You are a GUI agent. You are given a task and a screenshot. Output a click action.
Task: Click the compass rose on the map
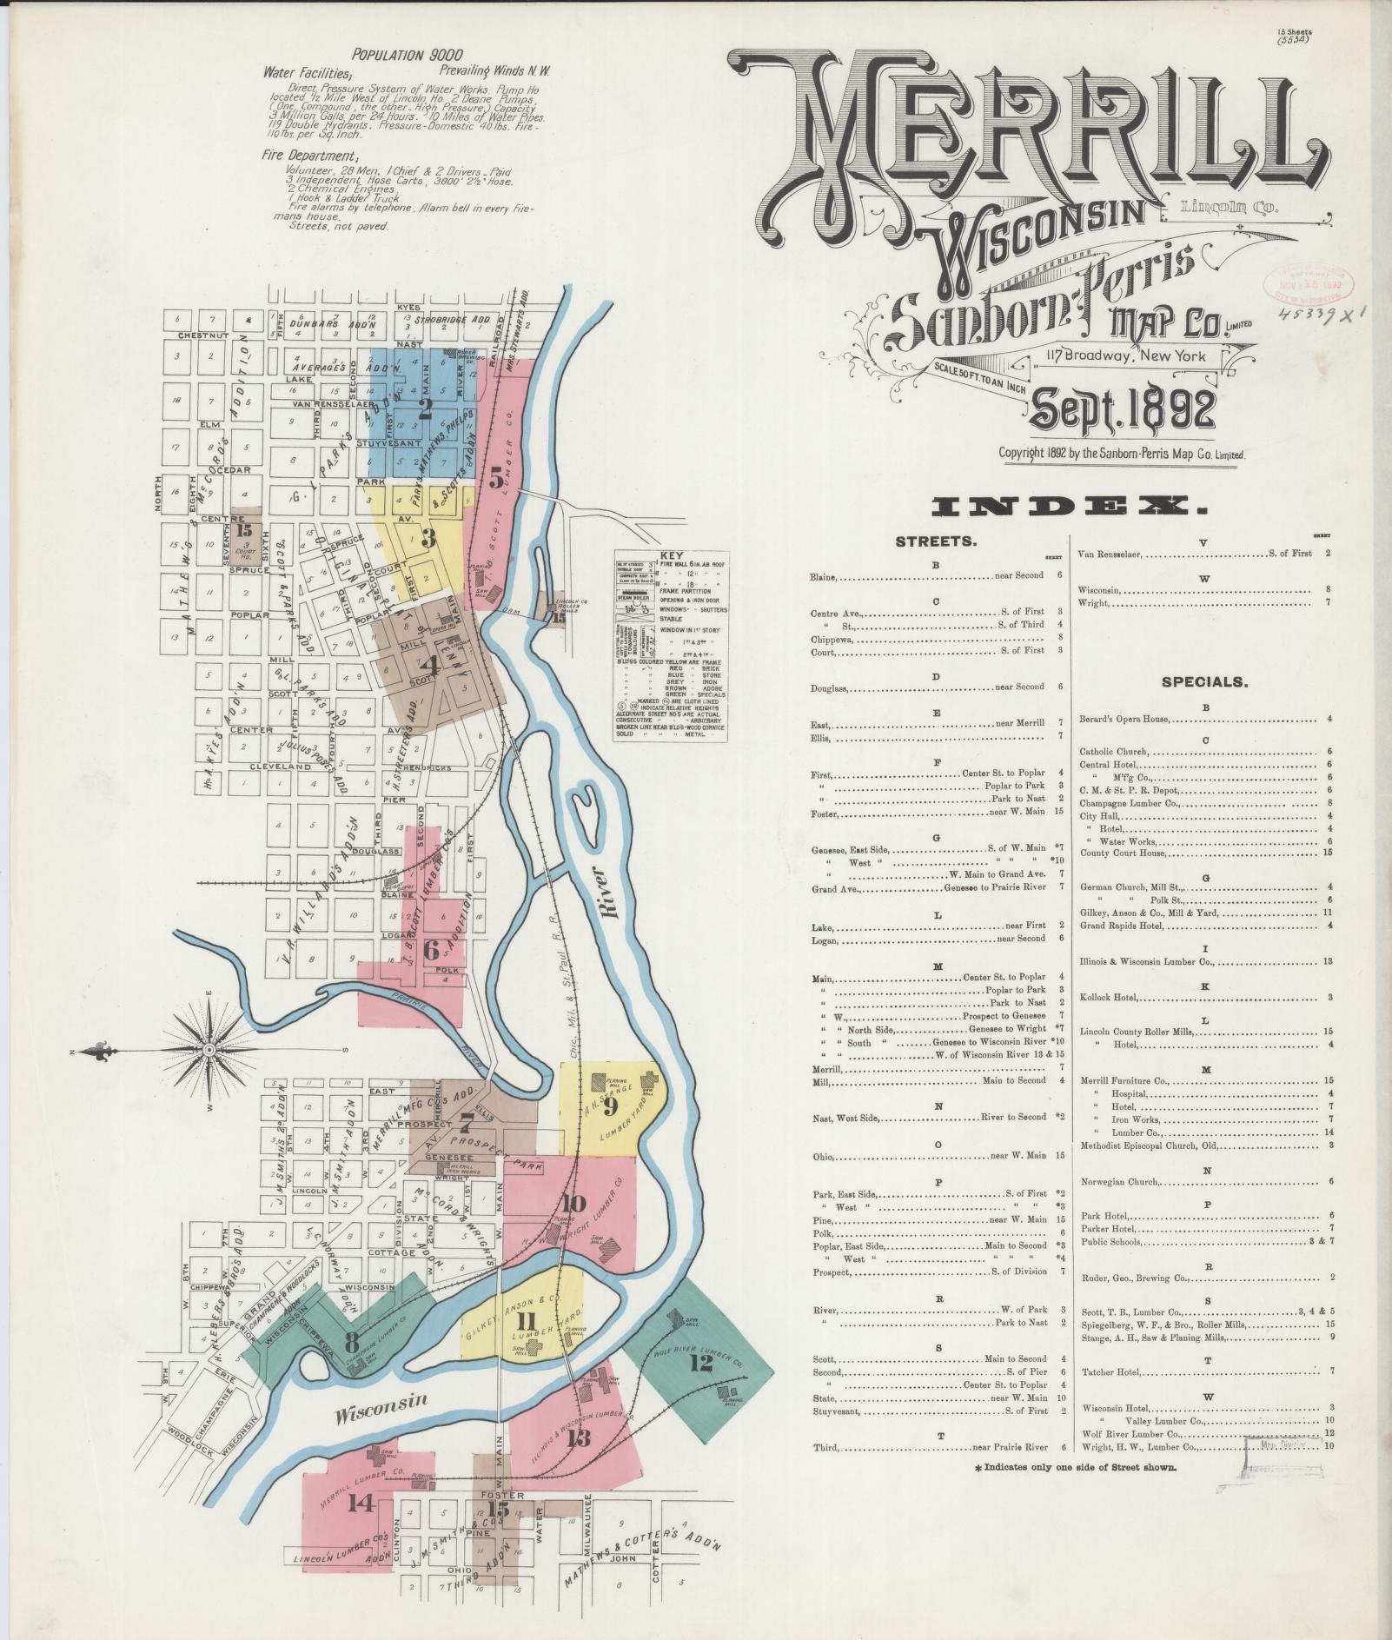(209, 1050)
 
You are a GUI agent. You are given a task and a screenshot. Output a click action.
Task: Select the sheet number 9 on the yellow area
(610, 1106)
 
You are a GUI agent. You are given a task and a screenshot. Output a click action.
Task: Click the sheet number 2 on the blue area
(425, 409)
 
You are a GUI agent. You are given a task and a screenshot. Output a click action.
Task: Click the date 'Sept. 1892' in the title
(1123, 410)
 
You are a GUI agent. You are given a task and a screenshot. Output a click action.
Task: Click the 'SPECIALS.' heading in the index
(1205, 682)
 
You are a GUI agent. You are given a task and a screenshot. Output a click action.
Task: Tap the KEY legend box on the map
(671, 644)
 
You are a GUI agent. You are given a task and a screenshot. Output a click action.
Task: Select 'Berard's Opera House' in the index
(1124, 719)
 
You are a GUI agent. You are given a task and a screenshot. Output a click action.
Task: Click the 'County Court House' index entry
(1122, 853)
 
